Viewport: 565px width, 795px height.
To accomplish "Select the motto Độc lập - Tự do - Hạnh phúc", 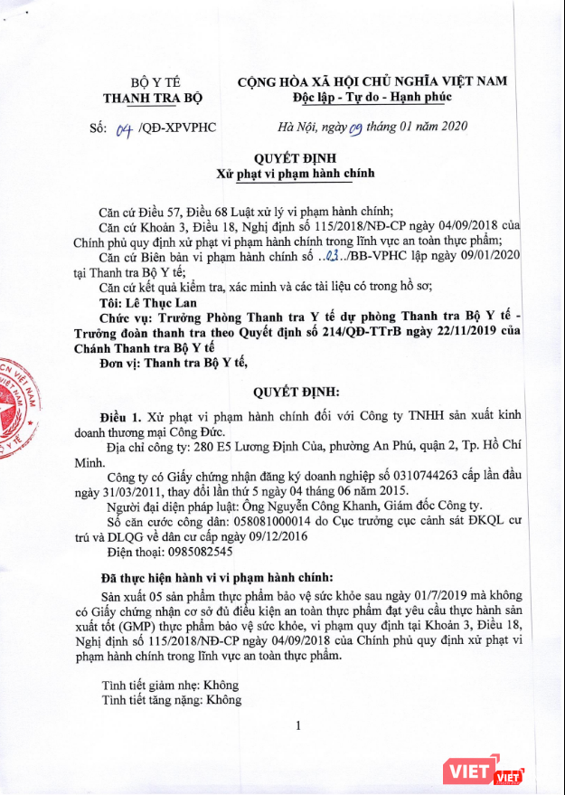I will pos(372,97).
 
